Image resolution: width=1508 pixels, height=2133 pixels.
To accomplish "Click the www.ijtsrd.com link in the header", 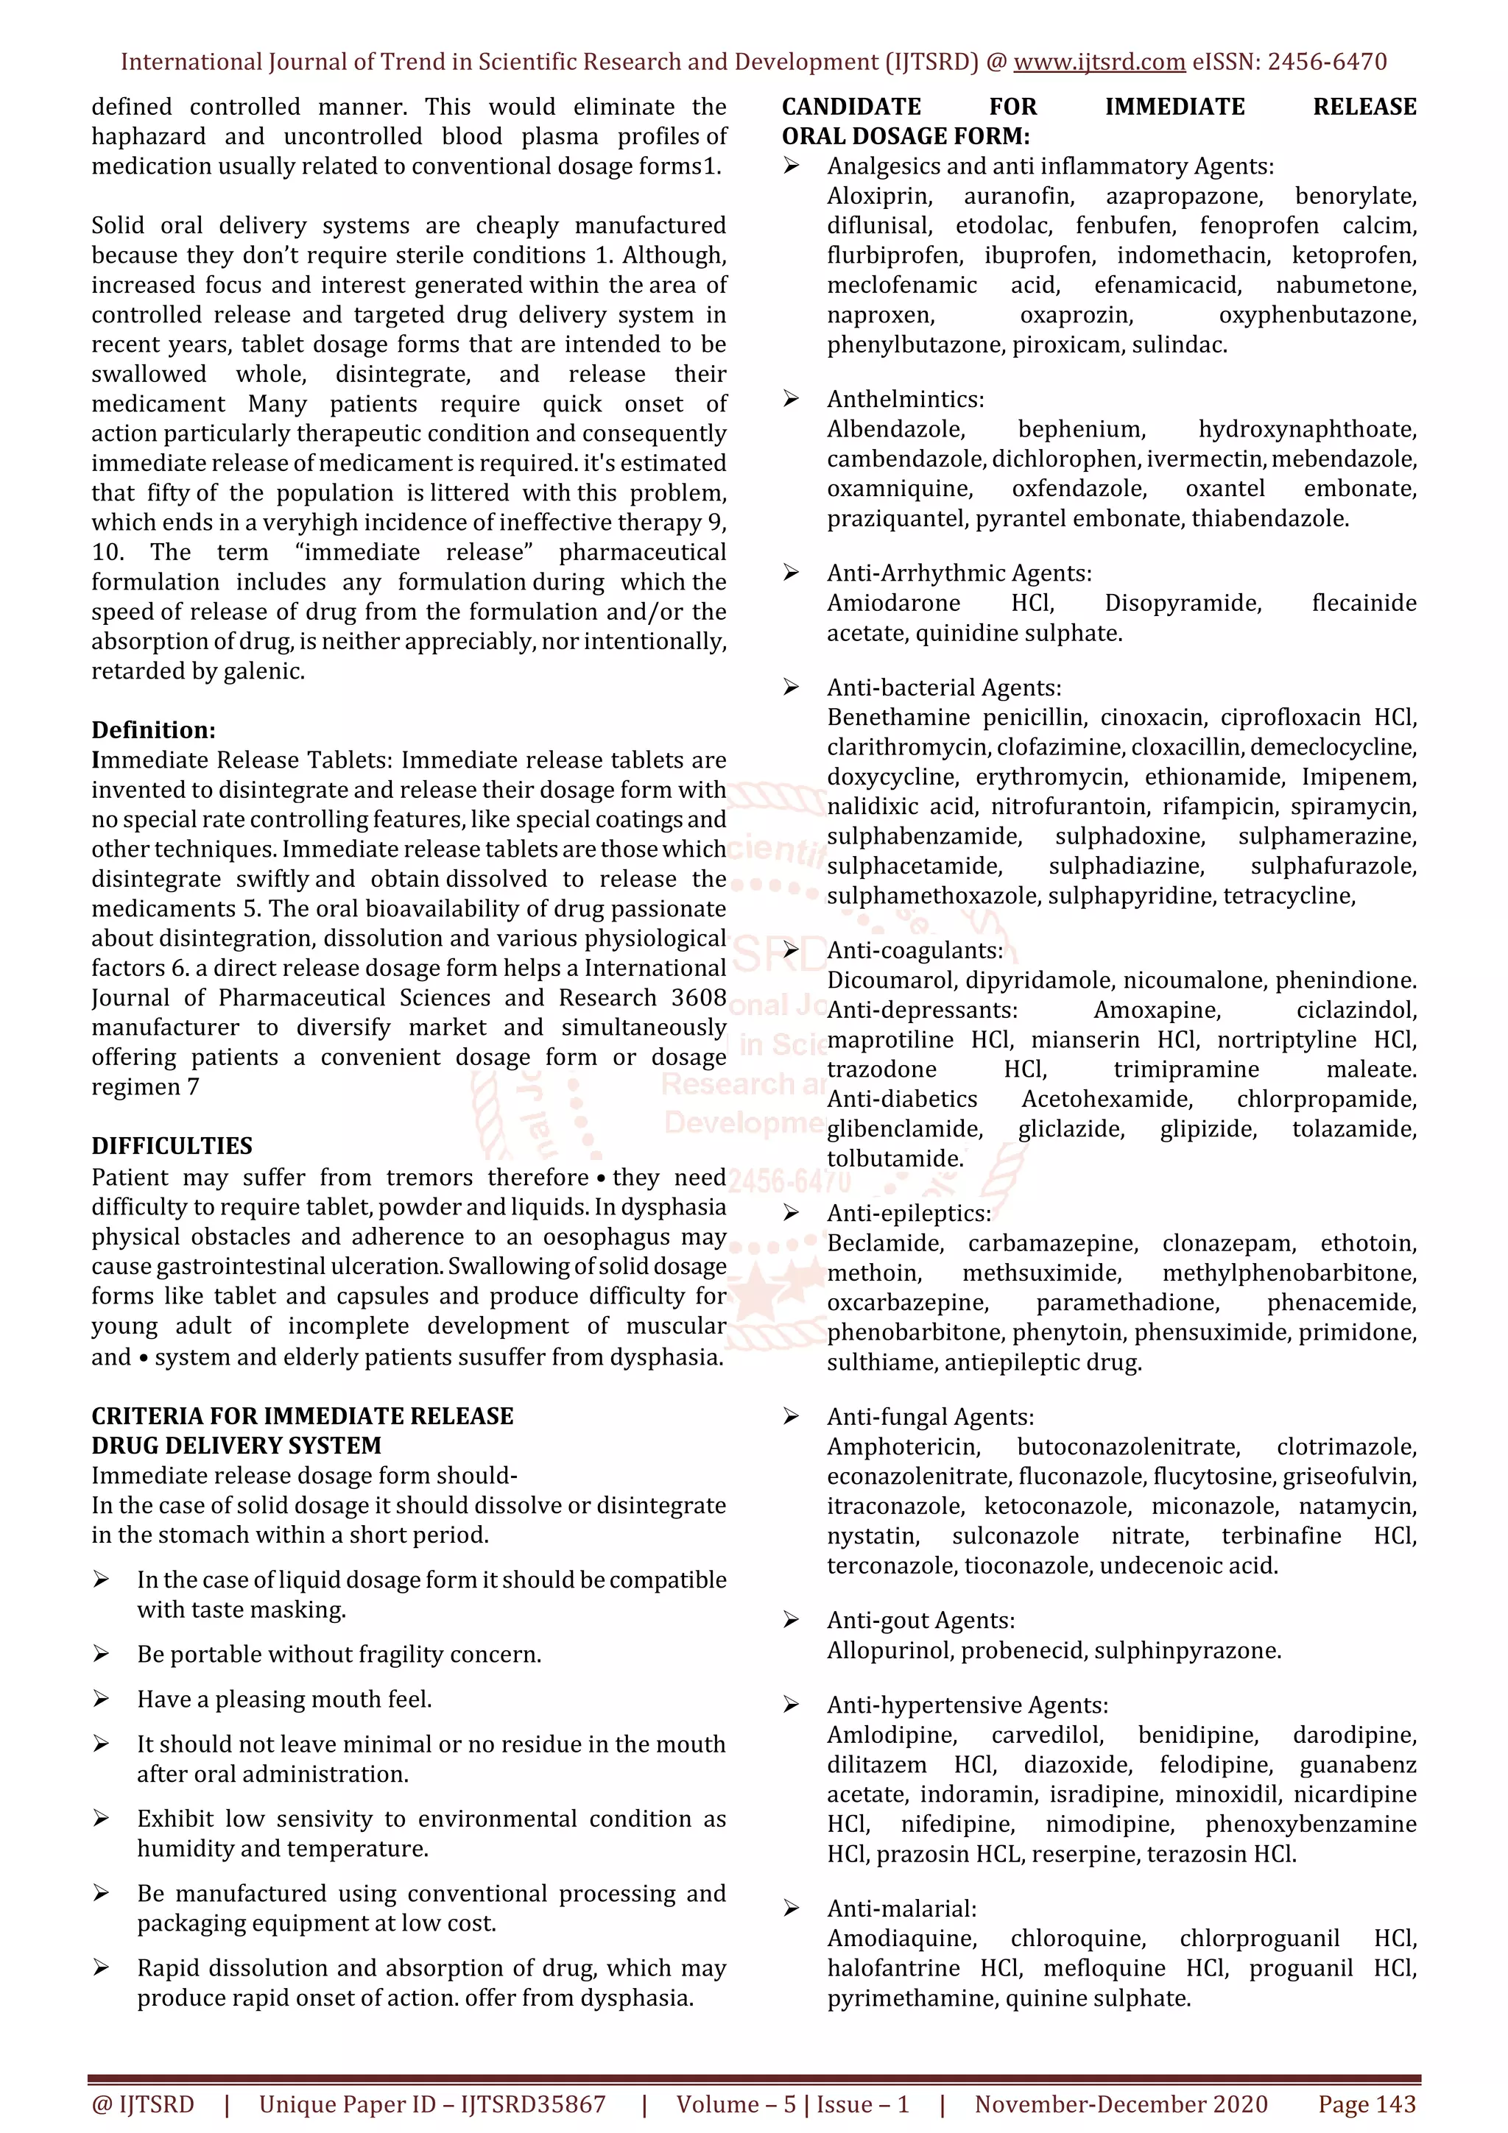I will (x=1099, y=63).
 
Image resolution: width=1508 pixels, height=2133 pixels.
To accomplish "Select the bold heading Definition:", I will (x=153, y=730).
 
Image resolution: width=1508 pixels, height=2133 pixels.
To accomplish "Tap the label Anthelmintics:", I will (x=905, y=400).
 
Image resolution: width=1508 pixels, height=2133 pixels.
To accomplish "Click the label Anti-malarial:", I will (x=901, y=1909).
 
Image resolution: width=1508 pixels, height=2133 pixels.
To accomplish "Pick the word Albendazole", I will (x=895, y=429).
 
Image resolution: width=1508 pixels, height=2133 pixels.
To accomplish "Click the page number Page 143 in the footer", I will (x=1367, y=2104).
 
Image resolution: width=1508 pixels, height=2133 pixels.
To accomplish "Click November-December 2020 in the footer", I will (x=1121, y=2104).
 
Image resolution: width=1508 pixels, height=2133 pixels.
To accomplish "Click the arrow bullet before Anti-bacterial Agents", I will (x=791, y=687).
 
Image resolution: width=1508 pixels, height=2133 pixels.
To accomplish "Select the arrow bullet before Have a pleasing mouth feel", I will (x=102, y=1699).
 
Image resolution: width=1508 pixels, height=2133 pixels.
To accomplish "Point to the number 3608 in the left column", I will (x=699, y=998).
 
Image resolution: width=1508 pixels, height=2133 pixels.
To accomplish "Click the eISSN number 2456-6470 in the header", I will (x=1327, y=63).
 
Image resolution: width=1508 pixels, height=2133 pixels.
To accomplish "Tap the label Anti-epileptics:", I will (x=909, y=1213).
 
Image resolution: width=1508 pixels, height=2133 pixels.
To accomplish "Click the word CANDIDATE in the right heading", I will (x=851, y=107).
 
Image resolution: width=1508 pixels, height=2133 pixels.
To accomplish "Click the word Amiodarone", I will (x=893, y=604).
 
